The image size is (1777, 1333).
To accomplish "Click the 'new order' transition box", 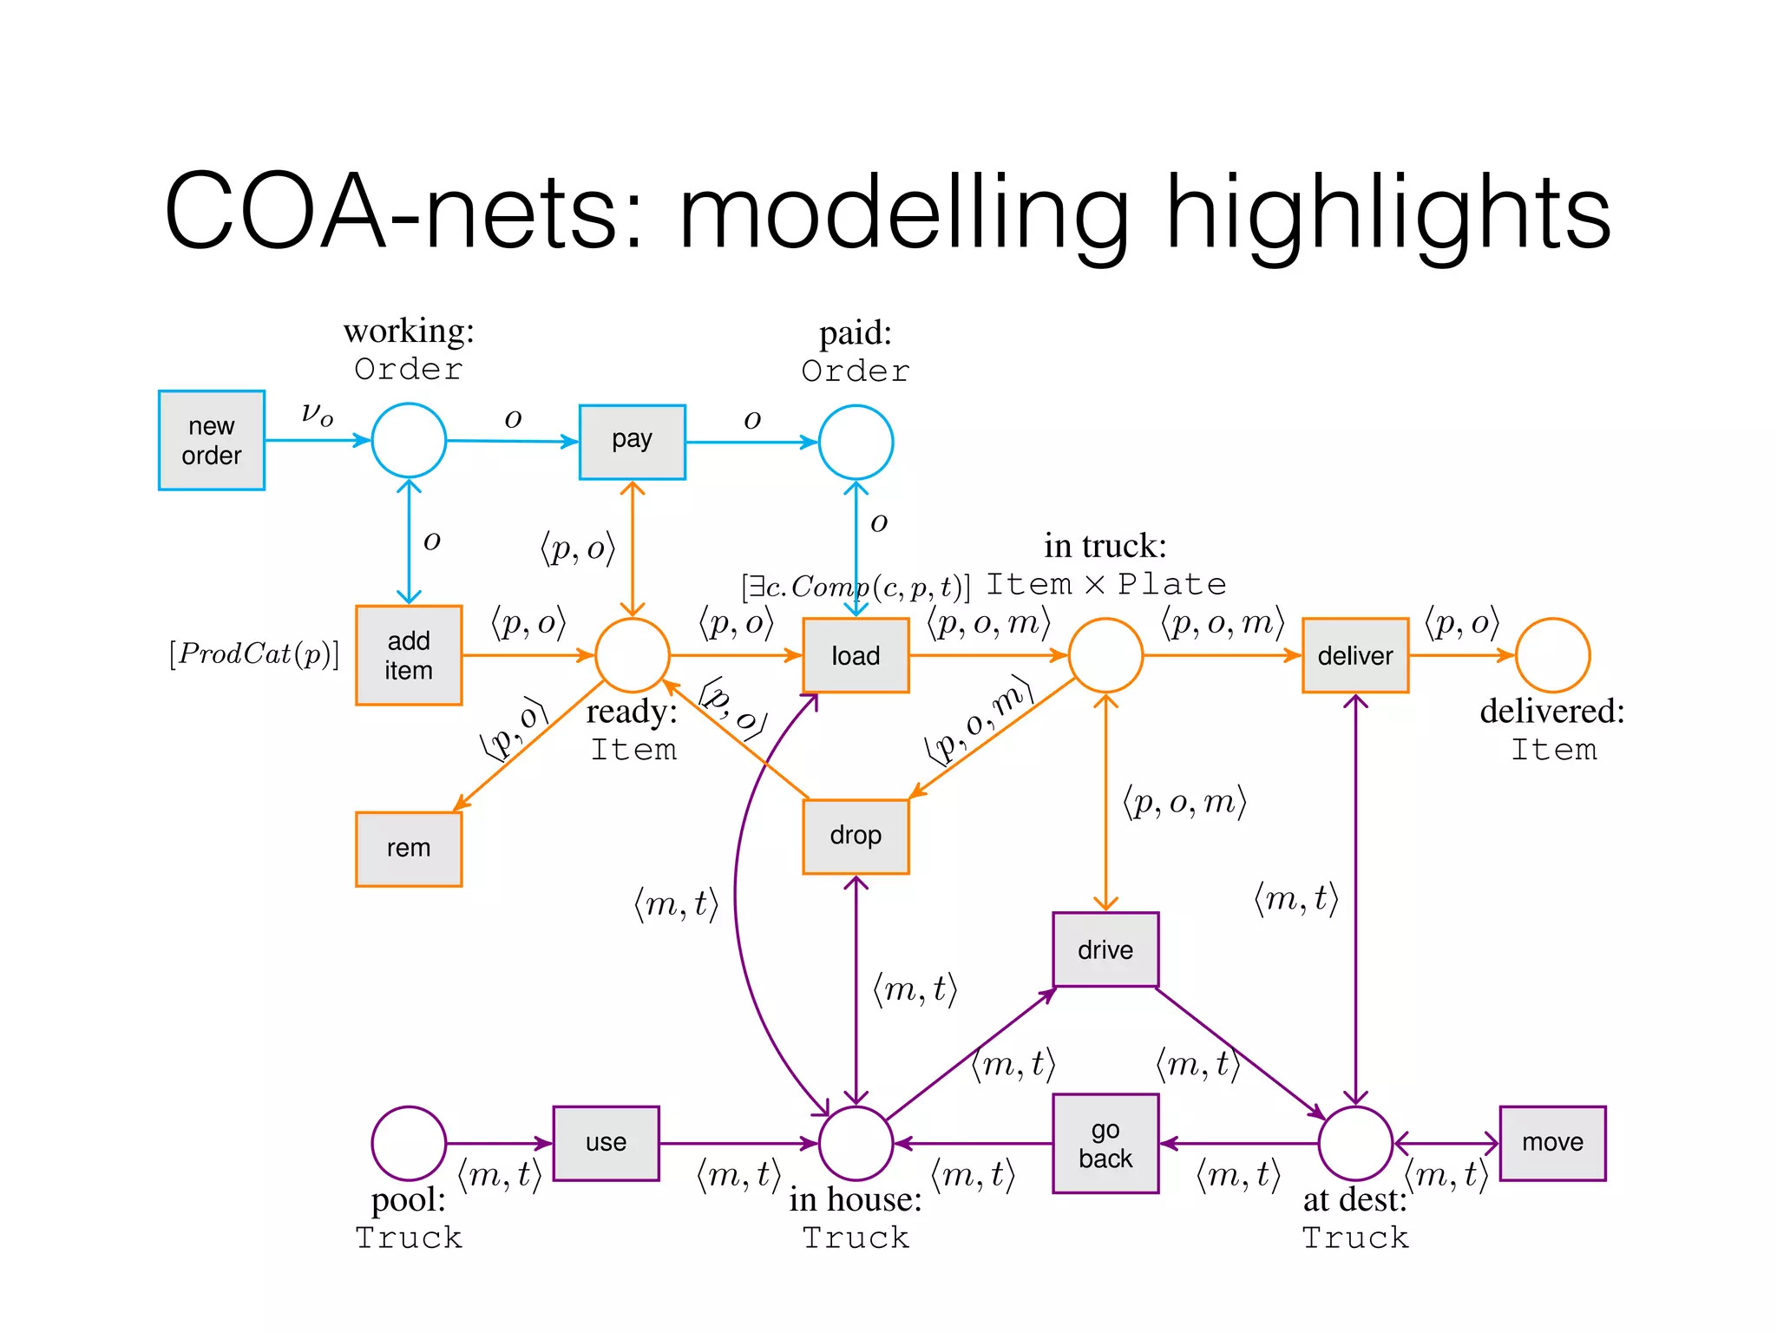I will click(x=211, y=440).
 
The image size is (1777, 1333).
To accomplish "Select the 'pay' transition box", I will click(x=632, y=442).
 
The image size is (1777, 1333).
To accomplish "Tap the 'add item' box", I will click(x=408, y=655).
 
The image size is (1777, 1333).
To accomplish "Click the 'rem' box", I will click(x=408, y=849).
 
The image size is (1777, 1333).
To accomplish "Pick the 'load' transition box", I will click(x=855, y=655).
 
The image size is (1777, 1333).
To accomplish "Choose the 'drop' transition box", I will click(x=855, y=836).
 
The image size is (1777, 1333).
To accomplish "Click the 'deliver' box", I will click(x=1354, y=655).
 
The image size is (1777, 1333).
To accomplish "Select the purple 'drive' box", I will click(x=1105, y=949).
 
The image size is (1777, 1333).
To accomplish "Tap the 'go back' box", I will click(x=1105, y=1143).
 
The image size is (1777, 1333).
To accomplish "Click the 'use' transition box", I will click(x=606, y=1143).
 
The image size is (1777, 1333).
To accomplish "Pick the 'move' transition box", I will click(x=1551, y=1143).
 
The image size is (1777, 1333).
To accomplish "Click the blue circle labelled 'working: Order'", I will click(x=409, y=440).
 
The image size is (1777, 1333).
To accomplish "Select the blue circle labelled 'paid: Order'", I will click(x=856, y=442).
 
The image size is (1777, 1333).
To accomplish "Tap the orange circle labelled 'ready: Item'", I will click(x=632, y=655).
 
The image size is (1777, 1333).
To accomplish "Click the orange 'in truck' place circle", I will click(x=1105, y=655).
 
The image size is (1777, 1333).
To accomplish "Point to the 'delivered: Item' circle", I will click(x=1552, y=655).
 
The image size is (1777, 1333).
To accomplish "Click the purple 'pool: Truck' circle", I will click(x=409, y=1143).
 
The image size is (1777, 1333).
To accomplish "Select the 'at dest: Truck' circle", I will click(x=1354, y=1143).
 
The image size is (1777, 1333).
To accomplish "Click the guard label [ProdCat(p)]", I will click(x=254, y=653).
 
